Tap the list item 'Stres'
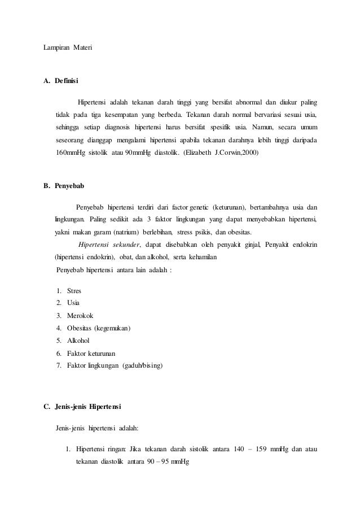point(74,291)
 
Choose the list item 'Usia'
point(73,303)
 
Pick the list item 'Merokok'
point(80,316)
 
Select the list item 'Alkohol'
point(78,341)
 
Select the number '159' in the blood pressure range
point(263,450)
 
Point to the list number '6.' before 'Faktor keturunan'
point(59,353)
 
